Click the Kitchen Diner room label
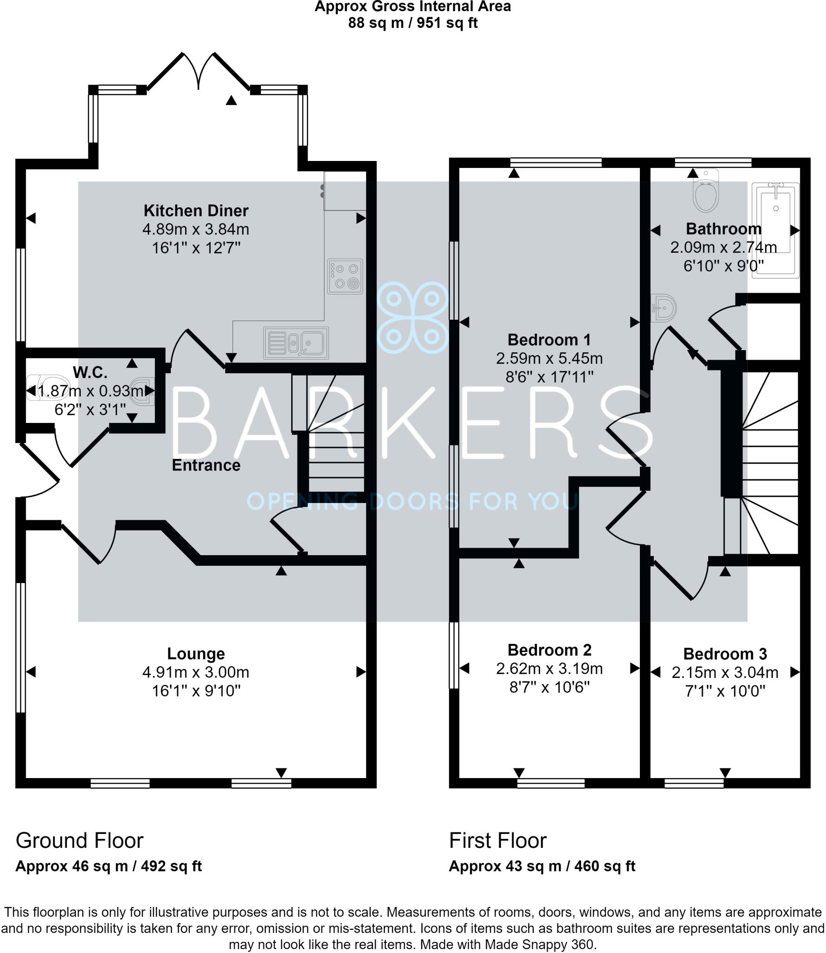click(196, 211)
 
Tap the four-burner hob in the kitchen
click(345, 276)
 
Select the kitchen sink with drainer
click(296, 343)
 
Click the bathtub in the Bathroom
click(775, 230)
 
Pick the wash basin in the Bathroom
click(665, 308)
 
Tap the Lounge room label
click(196, 654)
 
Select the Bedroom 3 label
click(725, 654)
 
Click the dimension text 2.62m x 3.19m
click(549, 669)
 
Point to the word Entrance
click(206, 465)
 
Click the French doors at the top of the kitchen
click(199, 72)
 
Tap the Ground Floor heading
click(80, 840)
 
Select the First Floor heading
click(497, 840)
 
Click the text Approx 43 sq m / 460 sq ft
click(542, 866)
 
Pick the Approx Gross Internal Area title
click(413, 7)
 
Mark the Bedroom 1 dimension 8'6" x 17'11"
click(549, 376)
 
